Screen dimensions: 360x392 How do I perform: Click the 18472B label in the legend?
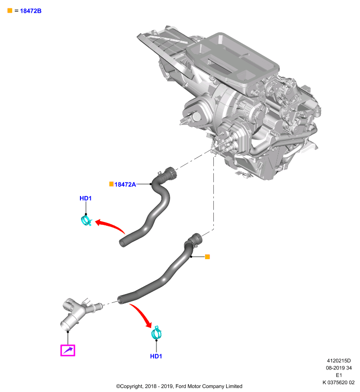(x=30, y=11)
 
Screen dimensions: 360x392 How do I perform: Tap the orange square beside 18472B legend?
(x=10, y=10)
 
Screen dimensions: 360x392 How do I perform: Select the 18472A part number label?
(x=125, y=185)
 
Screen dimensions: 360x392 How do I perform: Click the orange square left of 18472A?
(x=111, y=184)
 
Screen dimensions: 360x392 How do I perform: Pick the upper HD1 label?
(x=85, y=198)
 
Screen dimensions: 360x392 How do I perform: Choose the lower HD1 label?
(x=156, y=356)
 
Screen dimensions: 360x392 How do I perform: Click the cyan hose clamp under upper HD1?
(x=86, y=220)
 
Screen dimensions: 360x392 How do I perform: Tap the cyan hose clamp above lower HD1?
(x=156, y=333)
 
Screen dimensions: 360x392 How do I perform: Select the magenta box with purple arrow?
(x=68, y=350)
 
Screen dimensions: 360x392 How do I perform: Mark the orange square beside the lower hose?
(x=207, y=257)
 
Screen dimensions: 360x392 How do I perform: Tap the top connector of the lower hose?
(x=196, y=239)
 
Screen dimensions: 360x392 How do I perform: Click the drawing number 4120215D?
(x=339, y=361)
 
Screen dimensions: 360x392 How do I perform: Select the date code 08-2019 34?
(x=339, y=368)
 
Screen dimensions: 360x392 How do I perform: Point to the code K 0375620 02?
(x=338, y=383)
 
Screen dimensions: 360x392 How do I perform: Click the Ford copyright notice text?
(x=179, y=386)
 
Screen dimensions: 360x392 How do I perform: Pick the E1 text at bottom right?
(x=339, y=375)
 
